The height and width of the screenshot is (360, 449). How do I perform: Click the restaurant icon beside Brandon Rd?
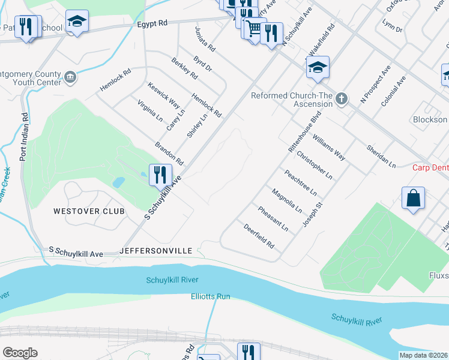coord(160,175)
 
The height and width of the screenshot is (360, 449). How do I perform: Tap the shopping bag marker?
coord(414,199)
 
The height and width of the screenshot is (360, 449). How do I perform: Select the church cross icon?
coord(342,98)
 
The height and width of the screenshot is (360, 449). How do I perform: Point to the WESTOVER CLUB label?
coord(89,211)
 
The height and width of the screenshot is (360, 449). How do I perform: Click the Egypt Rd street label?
coord(151,23)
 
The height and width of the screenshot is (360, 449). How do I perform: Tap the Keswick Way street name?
coord(164,95)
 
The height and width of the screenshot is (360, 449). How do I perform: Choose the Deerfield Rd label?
coord(259,236)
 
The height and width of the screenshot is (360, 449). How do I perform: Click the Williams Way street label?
coord(328,148)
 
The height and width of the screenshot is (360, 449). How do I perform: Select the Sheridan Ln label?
coord(381,155)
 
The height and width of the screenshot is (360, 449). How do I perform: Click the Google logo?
coord(20,353)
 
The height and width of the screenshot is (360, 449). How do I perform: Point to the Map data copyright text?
coord(423,355)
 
